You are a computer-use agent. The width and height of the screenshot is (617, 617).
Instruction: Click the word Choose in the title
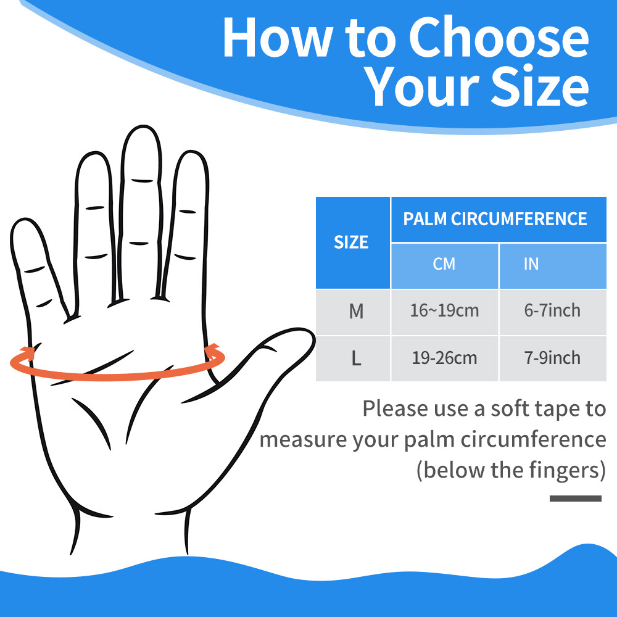[499, 38]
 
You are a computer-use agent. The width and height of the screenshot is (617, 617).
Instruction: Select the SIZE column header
[352, 242]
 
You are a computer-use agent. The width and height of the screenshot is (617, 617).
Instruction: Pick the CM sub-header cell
[444, 265]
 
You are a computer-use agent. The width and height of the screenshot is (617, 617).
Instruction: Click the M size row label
[356, 311]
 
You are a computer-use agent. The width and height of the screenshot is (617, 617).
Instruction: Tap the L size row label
[356, 358]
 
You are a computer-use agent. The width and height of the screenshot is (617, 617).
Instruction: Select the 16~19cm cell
[444, 311]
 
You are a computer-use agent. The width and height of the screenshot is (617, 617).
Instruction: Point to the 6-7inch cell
[552, 310]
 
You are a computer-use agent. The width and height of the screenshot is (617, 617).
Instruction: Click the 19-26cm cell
[444, 358]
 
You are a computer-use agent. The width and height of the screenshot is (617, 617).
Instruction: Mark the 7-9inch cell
[552, 358]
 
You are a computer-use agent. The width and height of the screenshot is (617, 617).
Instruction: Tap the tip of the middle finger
[143, 126]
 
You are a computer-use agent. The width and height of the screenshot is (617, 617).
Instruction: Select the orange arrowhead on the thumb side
[212, 351]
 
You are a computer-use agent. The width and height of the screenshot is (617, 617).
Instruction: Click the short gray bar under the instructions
[575, 498]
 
